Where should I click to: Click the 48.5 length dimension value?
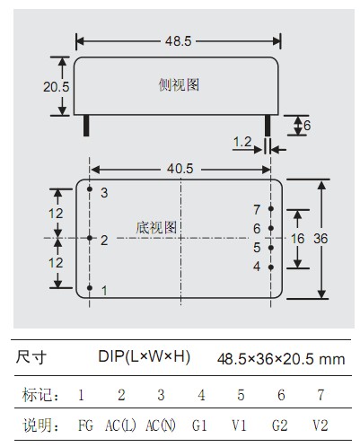pyautogui.click(x=179, y=41)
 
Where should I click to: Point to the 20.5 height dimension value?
pyautogui.click(x=56, y=87)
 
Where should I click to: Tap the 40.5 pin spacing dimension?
pyautogui.click(x=180, y=169)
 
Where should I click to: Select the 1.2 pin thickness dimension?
pyautogui.click(x=242, y=142)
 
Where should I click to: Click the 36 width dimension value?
pyautogui.click(x=320, y=239)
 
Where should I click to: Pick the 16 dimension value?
pyautogui.click(x=298, y=239)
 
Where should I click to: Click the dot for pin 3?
pyautogui.click(x=90, y=188)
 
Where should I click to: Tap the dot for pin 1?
pyautogui.click(x=90, y=287)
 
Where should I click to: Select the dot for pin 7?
pyautogui.click(x=271, y=208)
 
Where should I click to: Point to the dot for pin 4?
pyautogui.click(x=271, y=267)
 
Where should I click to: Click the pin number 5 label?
pyautogui.click(x=257, y=248)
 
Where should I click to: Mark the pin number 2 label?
pyautogui.click(x=104, y=241)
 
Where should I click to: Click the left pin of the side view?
pyautogui.click(x=86, y=126)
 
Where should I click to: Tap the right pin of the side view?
pyautogui.click(x=268, y=126)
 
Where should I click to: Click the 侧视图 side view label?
pyautogui.click(x=179, y=84)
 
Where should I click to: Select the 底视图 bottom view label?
pyautogui.click(x=156, y=228)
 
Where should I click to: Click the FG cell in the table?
pyautogui.click(x=85, y=425)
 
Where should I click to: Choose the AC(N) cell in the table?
pyautogui.click(x=161, y=425)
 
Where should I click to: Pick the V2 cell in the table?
pyautogui.click(x=320, y=425)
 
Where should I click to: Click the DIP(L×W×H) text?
pyautogui.click(x=145, y=356)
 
